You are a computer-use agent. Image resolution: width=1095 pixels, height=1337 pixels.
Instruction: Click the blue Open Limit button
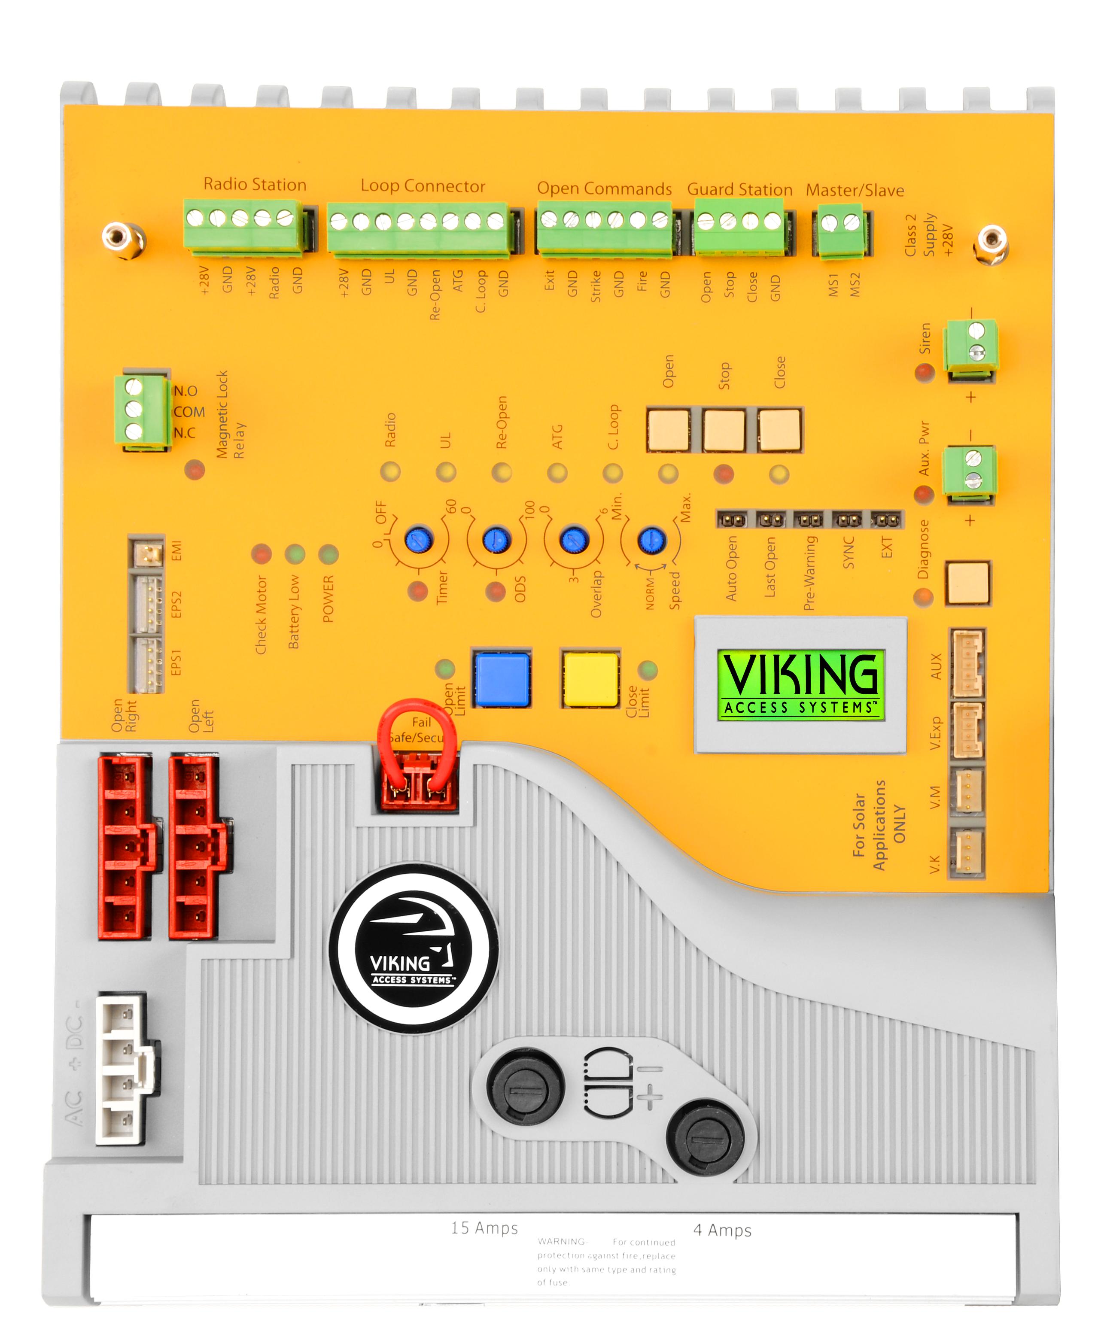pyautogui.click(x=502, y=679)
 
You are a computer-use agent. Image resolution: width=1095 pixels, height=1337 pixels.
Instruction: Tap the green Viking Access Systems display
pyautogui.click(x=800, y=684)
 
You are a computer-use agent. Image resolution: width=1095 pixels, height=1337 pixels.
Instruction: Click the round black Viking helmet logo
pyautogui.click(x=414, y=948)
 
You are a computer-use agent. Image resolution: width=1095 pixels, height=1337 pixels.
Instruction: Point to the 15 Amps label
pyautogui.click(x=484, y=1227)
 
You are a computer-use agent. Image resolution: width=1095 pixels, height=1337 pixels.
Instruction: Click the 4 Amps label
pyautogui.click(x=722, y=1230)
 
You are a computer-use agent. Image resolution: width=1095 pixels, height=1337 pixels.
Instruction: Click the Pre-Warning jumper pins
pyautogui.click(x=808, y=520)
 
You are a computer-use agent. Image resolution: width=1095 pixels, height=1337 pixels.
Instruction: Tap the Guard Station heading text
pyautogui.click(x=739, y=189)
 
